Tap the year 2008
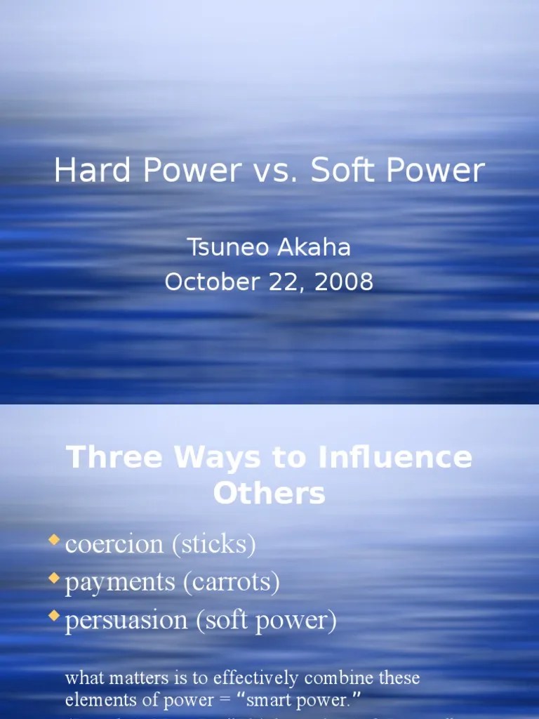coord(344,282)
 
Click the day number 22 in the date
coord(286,282)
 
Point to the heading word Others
coord(269,493)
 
